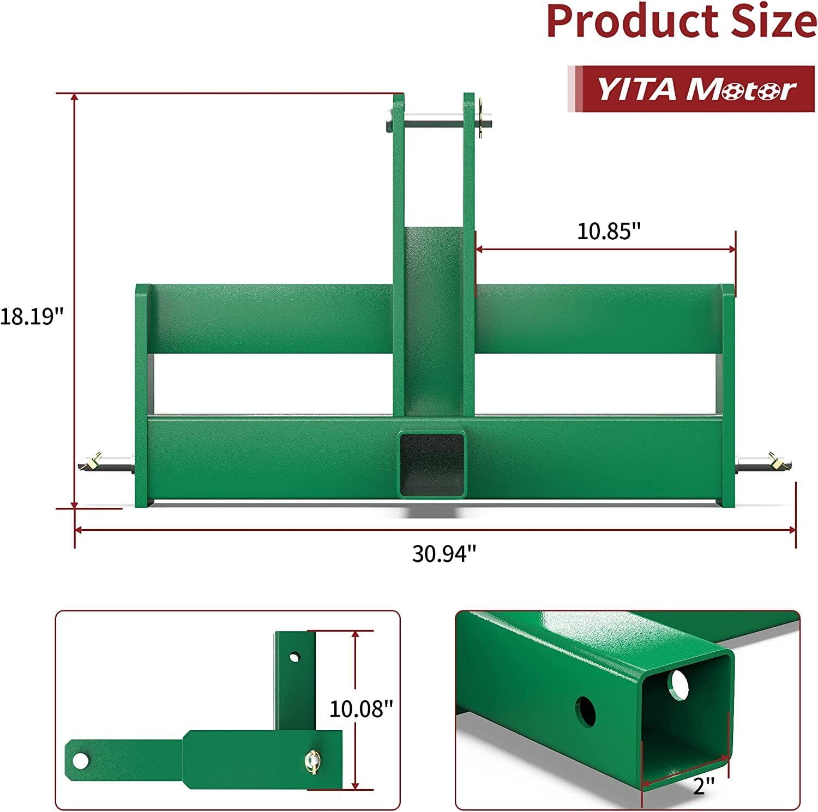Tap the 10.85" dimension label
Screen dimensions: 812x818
[x=608, y=231]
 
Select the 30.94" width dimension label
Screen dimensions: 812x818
[x=444, y=554]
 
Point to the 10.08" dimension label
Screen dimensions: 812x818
[x=361, y=709]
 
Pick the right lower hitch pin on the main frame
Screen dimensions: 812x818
[x=763, y=463]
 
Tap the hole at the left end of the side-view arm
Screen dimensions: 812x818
[x=81, y=760]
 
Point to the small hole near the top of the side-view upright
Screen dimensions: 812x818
[x=294, y=657]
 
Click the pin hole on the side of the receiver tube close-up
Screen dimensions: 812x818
[x=585, y=711]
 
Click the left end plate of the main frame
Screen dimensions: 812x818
[x=143, y=395]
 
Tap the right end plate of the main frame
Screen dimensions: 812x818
[x=727, y=395]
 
